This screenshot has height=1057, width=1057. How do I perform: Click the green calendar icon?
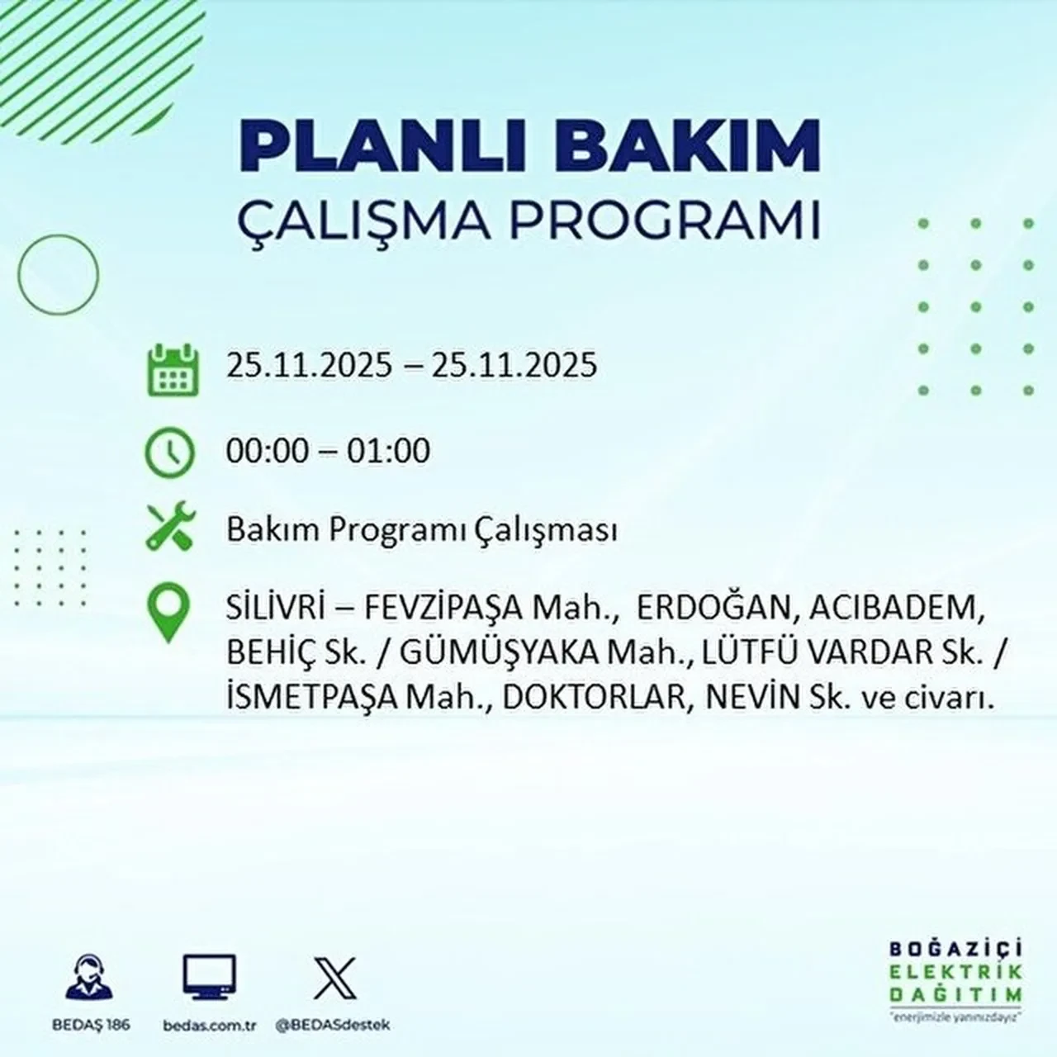point(173,369)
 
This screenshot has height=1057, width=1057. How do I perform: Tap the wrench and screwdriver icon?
point(170,528)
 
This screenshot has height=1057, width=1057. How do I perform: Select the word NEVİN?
point(753,698)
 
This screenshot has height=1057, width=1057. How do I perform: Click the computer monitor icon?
point(209,978)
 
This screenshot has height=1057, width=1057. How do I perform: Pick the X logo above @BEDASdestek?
point(335,978)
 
